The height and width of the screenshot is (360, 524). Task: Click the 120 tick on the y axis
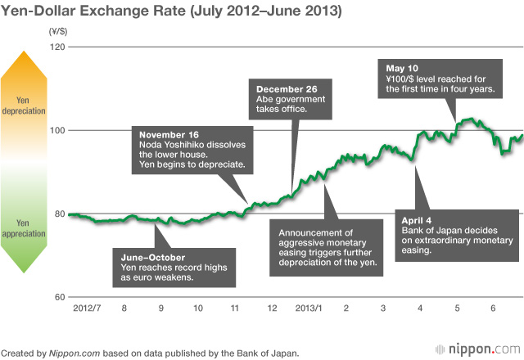(56, 47)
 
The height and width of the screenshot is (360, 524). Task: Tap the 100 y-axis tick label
(56, 130)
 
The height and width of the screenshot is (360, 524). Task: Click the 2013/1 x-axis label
(309, 309)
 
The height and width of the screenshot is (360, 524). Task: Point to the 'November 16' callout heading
(170, 134)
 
